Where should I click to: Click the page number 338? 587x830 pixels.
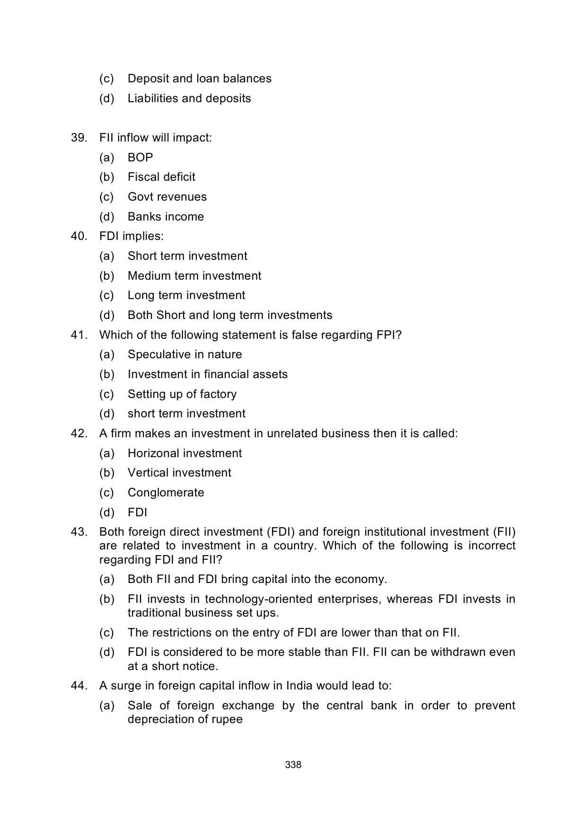[x=293, y=765]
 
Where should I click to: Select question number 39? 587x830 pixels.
[x=79, y=138]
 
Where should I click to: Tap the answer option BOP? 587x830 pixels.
[x=140, y=158]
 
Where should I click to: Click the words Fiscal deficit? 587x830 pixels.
[x=161, y=177]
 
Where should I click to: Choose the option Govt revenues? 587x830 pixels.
[x=167, y=197]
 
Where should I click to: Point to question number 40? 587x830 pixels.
[x=79, y=236]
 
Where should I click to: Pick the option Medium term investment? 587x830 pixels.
[x=194, y=276]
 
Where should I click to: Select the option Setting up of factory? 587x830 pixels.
[x=182, y=394]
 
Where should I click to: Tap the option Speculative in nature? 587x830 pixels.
[x=184, y=354]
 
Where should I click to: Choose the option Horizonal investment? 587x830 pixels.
[x=184, y=453]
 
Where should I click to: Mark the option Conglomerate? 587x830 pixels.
[x=166, y=493]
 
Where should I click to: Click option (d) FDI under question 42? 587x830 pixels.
[x=137, y=512]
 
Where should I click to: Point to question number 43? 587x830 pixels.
[x=79, y=532]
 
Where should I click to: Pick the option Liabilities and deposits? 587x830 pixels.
[x=189, y=98]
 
